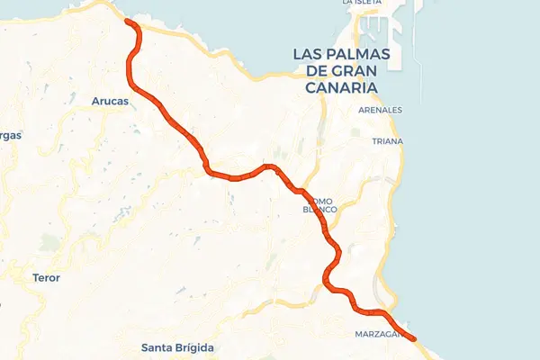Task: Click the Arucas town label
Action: pos(111,101)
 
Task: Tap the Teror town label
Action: pos(46,278)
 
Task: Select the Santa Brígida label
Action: pos(178,347)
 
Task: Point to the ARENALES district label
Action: pos(380,110)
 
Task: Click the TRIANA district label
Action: pos(387,141)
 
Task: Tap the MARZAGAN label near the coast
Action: pos(381,334)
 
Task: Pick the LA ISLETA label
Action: pos(363,3)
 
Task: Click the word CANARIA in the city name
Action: pos(341,87)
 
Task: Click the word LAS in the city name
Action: pos(307,54)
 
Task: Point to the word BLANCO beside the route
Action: pos(319,209)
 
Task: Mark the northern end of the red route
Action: pos(128,21)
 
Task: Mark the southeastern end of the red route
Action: pos(414,338)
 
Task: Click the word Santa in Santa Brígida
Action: pos(158,347)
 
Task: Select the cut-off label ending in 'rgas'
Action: pos(9,135)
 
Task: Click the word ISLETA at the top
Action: pos(368,3)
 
